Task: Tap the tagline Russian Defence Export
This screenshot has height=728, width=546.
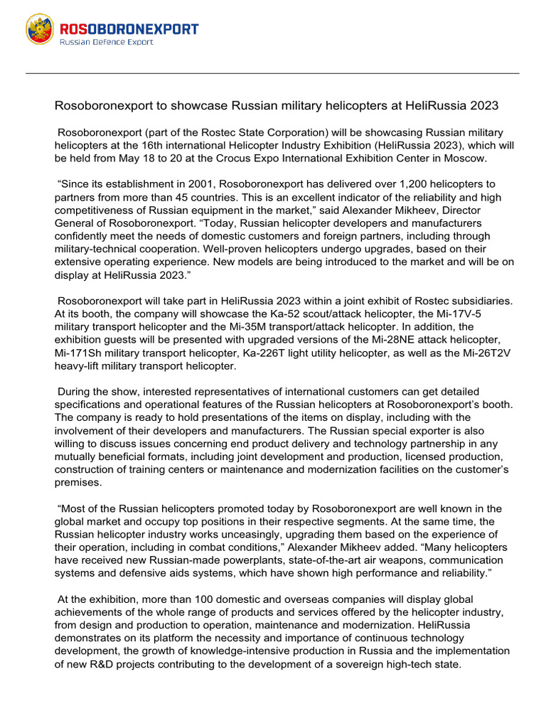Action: click(106, 43)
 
